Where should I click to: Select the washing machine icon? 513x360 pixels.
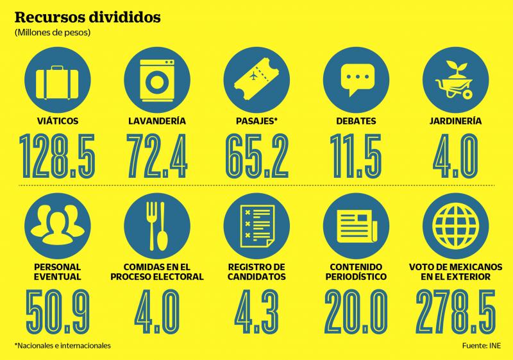click(155, 80)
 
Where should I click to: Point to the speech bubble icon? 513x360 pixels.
click(355, 80)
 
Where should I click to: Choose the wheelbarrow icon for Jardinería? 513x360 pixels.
click(456, 80)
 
